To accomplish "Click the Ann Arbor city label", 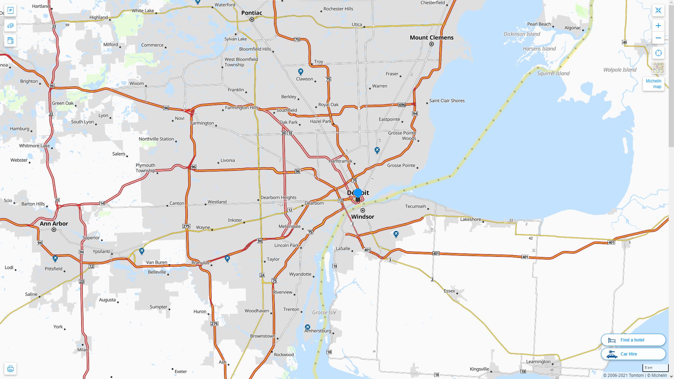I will pos(54,224).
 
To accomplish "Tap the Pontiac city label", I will pos(251,13).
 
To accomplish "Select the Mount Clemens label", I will pos(431,38).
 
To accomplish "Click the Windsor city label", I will pos(363,217).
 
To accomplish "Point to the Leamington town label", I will pos(538,361).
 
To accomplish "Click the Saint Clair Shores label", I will pos(447,101).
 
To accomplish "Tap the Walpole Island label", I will pos(620,70).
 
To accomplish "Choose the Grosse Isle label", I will pos(324,312).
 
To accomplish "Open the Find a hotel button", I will pos(633,340).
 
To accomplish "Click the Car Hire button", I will pos(633,354).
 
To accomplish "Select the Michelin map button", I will pos(653,84).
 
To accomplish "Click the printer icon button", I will pos(10,369).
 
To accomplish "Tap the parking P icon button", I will pos(10,11).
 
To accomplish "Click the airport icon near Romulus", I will pos(227,259).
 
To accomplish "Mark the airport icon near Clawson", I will pos(300,72).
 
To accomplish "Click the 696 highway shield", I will pos(402,105).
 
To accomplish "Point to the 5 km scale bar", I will pos(655,368).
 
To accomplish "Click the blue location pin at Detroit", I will pos(358,194).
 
